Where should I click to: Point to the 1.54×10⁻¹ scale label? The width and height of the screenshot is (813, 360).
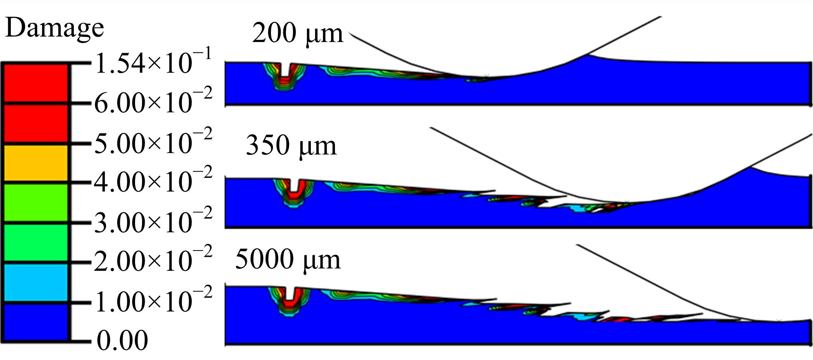pos(153,62)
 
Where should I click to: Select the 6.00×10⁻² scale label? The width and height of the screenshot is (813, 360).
pos(153,101)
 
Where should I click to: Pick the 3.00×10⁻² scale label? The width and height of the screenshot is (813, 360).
pos(153,221)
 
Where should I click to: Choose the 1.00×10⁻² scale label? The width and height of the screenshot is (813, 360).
pos(153,300)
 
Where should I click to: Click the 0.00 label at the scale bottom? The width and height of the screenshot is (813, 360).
pos(122,341)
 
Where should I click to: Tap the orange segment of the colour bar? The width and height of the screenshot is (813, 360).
pos(36,163)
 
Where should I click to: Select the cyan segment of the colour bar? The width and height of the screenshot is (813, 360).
pos(36,282)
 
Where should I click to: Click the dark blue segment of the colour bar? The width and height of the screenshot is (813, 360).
pos(36,322)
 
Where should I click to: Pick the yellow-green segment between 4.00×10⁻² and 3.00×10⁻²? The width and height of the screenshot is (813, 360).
pos(36,202)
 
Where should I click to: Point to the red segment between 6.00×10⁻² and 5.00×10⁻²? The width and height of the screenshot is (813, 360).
pos(36,123)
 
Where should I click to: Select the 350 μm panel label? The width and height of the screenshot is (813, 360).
pos(291,146)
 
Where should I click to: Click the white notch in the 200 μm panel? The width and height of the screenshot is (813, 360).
pos(286,70)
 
